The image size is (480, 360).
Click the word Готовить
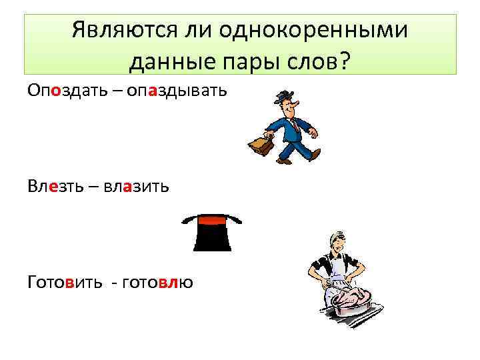coord(65,282)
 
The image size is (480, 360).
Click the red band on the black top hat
coord(212,221)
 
